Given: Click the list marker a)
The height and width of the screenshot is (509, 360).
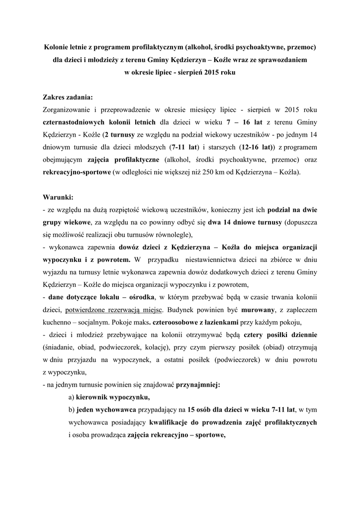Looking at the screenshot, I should pyautogui.click(x=72, y=397).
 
